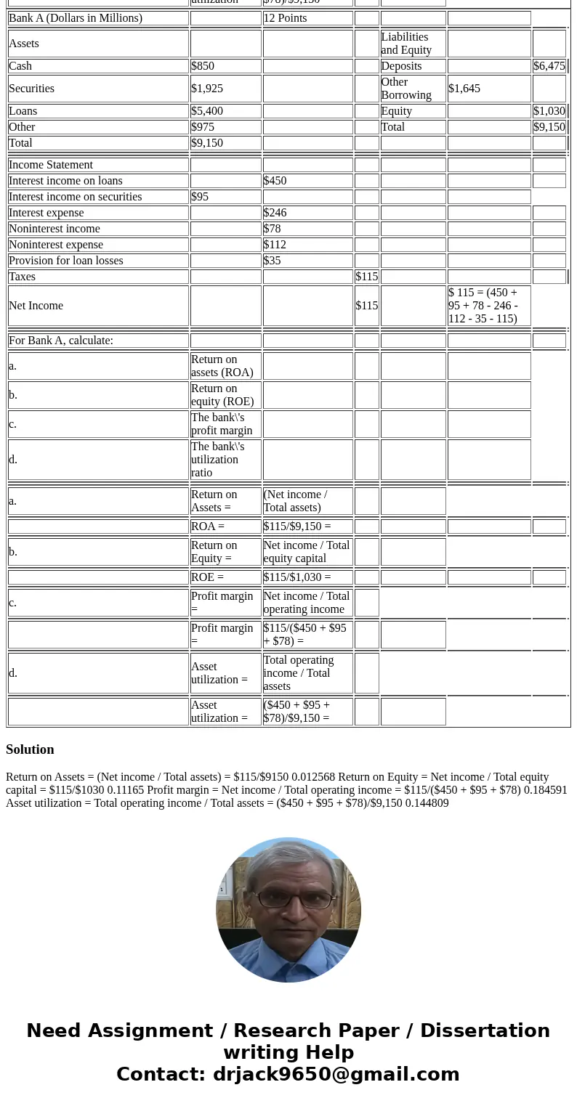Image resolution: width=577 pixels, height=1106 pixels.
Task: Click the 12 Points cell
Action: click(x=285, y=18)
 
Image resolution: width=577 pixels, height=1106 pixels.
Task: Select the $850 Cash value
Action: click(x=203, y=66)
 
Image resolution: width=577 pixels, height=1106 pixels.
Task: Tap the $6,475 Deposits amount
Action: click(x=549, y=66)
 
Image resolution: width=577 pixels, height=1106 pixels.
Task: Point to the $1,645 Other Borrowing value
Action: click(x=464, y=89)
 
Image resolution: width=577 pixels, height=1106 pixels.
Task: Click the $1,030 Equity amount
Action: click(x=549, y=111)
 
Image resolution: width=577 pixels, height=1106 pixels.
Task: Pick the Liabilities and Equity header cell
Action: click(x=406, y=44)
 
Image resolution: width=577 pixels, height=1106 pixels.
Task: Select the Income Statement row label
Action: click(x=51, y=165)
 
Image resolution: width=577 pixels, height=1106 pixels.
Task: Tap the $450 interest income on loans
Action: click(x=275, y=181)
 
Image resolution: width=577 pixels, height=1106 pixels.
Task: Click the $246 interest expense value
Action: click(x=275, y=213)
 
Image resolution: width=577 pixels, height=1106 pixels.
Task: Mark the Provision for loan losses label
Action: click(x=66, y=261)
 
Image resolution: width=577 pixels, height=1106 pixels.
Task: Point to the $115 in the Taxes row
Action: click(x=366, y=277)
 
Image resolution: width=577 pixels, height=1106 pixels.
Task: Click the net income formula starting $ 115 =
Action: click(x=483, y=306)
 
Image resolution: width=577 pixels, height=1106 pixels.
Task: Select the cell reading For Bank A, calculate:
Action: click(x=61, y=341)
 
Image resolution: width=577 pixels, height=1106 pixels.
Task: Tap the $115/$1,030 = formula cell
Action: click(x=297, y=577)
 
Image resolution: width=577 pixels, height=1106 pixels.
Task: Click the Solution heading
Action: click(x=30, y=749)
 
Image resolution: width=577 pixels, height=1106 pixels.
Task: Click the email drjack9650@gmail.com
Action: click(x=336, y=1074)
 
